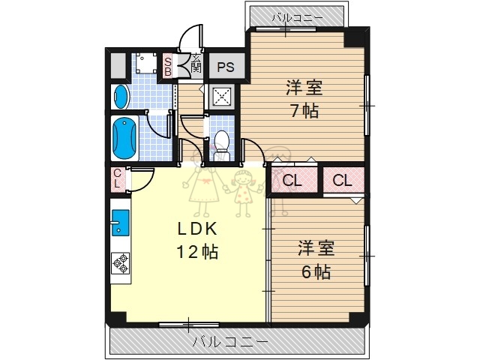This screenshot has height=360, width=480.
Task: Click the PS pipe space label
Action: tap(226, 67)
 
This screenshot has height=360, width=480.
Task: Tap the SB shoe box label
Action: tap(168, 66)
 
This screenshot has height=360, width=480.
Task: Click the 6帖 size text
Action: tap(316, 272)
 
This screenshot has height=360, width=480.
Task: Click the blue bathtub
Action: tap(124, 137)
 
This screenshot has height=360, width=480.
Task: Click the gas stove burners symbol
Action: tap(120, 262)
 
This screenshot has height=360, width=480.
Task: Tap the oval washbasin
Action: tap(121, 95)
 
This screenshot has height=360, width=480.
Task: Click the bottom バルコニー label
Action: tap(229, 342)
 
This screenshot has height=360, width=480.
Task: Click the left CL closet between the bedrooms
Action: tap(292, 180)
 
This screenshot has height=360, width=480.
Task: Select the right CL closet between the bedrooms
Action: tap(342, 180)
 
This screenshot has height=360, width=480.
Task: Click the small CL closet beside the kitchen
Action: tap(118, 179)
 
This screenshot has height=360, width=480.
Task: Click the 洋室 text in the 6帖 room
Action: tap(316, 247)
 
